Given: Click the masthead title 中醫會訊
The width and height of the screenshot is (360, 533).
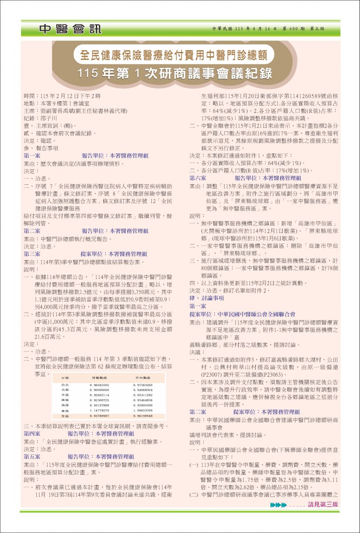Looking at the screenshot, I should (x=70, y=29).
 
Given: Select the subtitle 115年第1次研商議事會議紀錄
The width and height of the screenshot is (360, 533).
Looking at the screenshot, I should (x=174, y=73).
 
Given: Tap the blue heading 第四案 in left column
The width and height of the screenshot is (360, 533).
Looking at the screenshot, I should (x=32, y=434).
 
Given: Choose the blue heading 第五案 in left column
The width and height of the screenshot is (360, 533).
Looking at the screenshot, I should (x=32, y=457).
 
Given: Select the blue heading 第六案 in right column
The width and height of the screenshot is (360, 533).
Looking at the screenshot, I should (x=198, y=178).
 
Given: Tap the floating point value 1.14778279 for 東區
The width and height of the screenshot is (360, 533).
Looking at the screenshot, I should (x=99, y=411).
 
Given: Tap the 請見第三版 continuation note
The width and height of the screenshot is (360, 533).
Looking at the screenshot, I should (x=323, y=505).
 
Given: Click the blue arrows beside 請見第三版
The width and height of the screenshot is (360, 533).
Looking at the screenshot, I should (x=278, y=505).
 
